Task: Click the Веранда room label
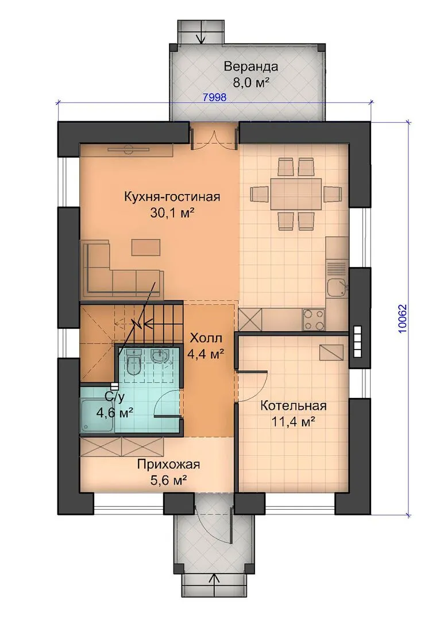point(251,67)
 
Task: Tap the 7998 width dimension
point(214,97)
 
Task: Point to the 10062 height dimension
point(403,318)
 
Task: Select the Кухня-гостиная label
point(172,196)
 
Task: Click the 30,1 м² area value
point(172,213)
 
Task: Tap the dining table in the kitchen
point(296,194)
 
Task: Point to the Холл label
point(206,339)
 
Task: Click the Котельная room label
point(293,406)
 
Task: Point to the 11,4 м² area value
point(293,422)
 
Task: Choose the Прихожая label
point(168,464)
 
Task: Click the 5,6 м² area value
point(168,480)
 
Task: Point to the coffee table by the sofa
point(146,247)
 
